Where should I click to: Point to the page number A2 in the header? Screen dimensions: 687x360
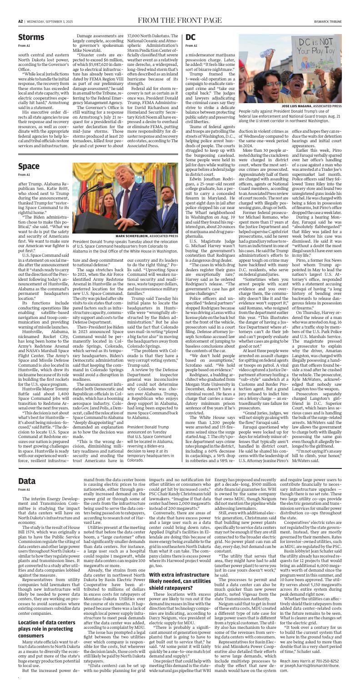coord(21,20)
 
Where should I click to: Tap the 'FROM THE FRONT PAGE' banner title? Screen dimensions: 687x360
coord(180,20)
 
